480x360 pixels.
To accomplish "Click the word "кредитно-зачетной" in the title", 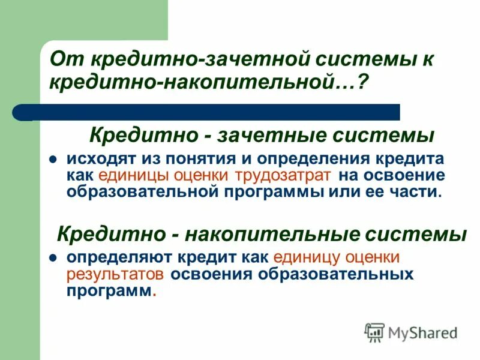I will point(155,59).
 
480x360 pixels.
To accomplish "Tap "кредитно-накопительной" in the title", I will point(197,83).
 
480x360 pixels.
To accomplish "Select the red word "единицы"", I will point(133,176).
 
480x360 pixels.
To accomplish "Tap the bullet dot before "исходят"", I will point(53,160).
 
